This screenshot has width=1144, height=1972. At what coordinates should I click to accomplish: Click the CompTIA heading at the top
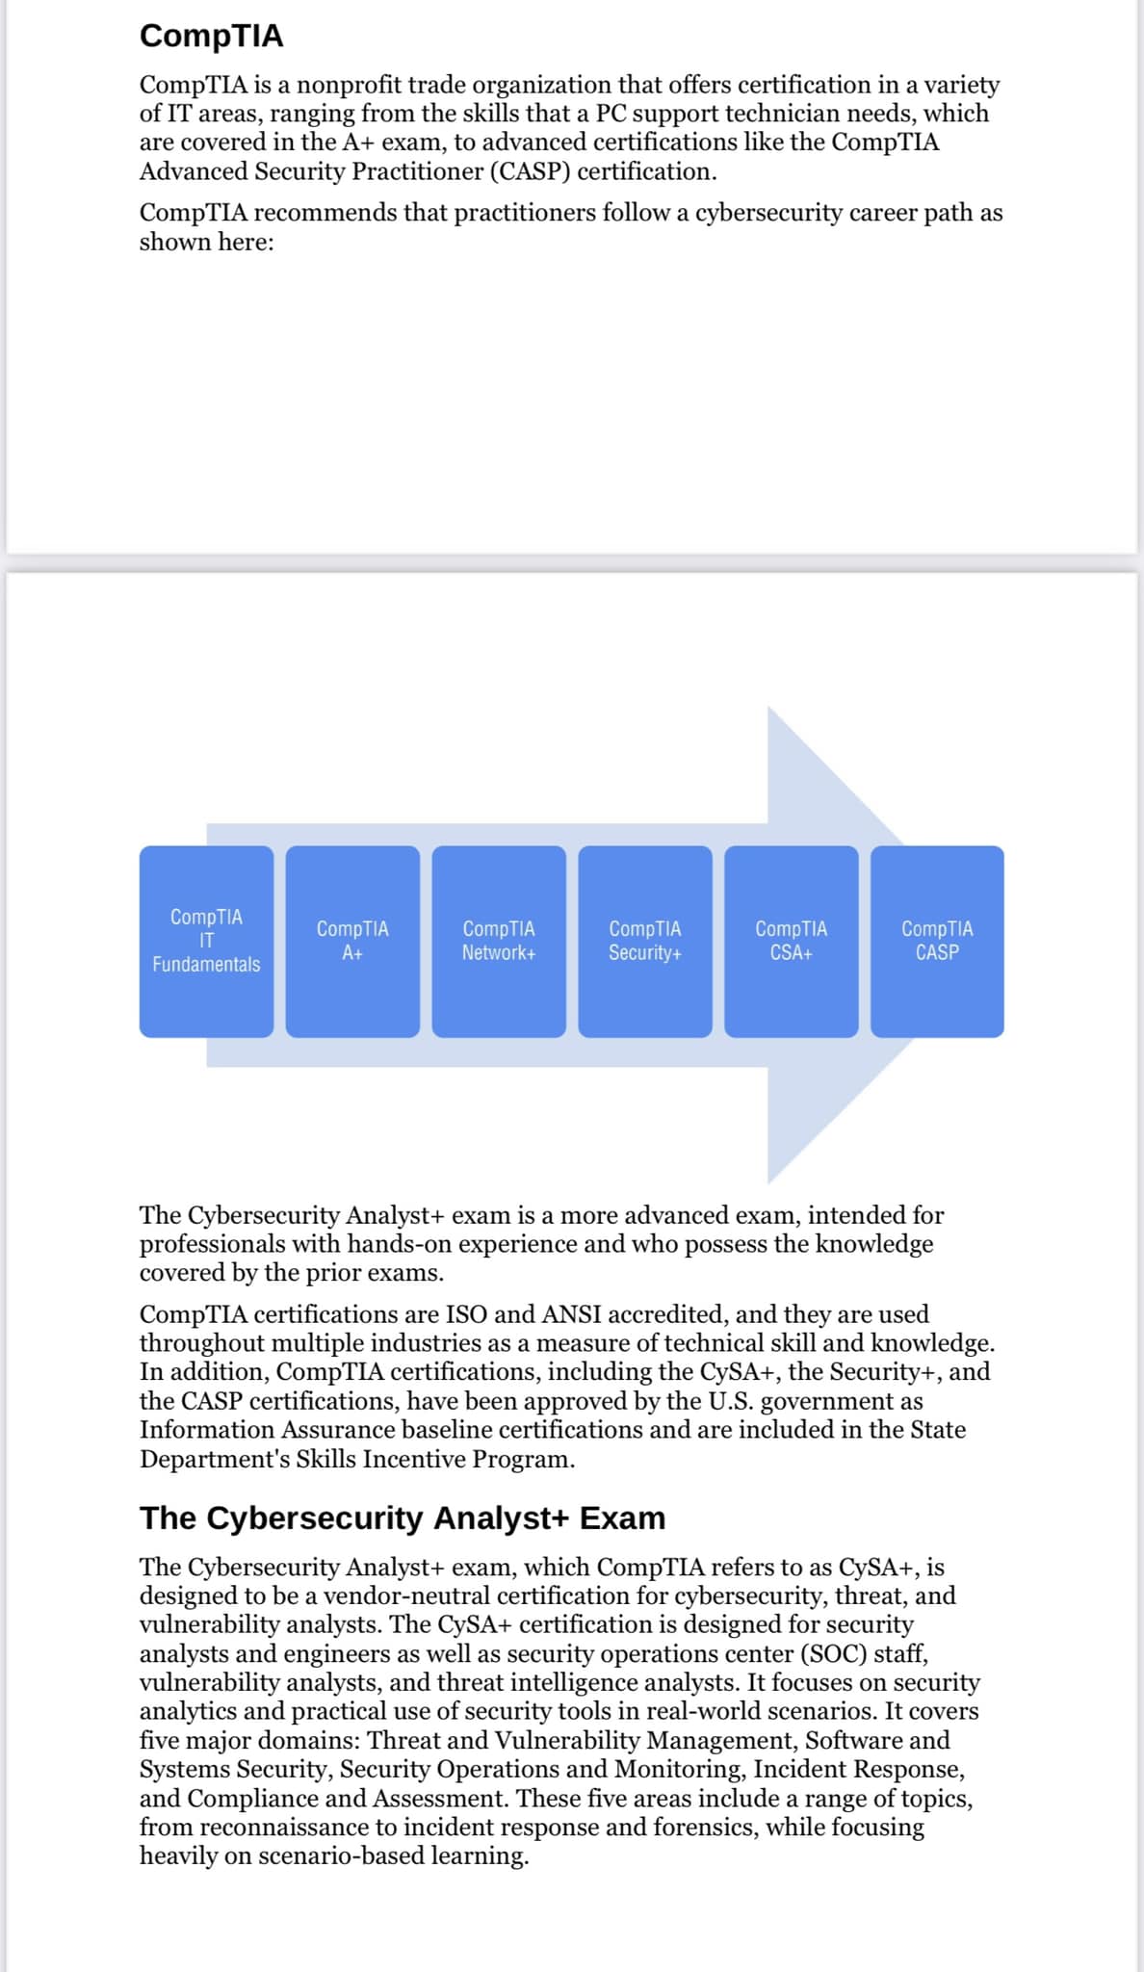212,36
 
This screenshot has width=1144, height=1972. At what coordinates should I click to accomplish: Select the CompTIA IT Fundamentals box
206,941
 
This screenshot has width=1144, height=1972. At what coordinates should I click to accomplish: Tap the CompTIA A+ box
352,941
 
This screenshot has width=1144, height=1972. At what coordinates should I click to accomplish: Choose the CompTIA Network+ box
499,941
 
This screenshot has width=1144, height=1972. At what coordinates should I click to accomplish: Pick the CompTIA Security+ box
645,941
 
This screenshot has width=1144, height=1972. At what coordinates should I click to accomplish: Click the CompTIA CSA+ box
792,941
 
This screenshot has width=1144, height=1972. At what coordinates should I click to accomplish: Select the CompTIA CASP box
937,941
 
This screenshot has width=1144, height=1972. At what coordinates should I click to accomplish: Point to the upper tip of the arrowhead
768,707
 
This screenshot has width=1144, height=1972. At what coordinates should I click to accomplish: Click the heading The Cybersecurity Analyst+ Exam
403,1518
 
